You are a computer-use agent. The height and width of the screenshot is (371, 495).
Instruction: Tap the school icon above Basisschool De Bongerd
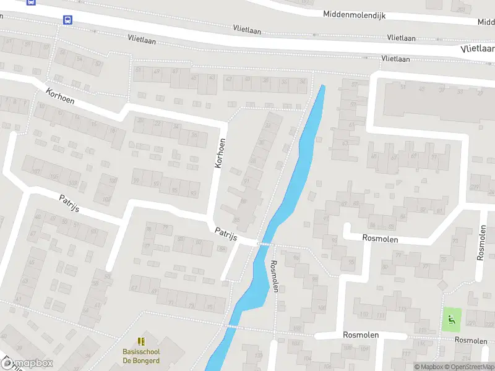pos(140,341)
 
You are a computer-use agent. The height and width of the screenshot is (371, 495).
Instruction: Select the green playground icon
pos(450,320)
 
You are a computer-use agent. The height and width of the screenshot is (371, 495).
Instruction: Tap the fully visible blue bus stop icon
pos(67,19)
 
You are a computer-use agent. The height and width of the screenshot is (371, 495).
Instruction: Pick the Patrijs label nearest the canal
pos(226,233)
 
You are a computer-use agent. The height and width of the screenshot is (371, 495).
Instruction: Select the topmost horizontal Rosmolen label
pos(379,239)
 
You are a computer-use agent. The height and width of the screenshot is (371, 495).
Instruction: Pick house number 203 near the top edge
pos(459,9)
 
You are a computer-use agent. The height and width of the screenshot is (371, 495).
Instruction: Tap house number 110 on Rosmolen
pos(364,315)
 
